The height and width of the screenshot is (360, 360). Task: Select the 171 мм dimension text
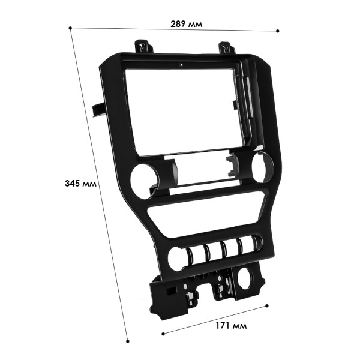click(x=230, y=326)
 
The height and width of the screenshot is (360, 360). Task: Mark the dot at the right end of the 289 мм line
click(x=278, y=31)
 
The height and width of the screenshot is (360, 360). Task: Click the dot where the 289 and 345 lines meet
click(x=71, y=27)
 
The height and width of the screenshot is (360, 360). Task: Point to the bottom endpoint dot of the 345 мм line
click(x=127, y=341)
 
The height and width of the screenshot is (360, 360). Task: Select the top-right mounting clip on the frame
click(x=226, y=47)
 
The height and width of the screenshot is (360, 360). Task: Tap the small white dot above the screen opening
click(x=181, y=64)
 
